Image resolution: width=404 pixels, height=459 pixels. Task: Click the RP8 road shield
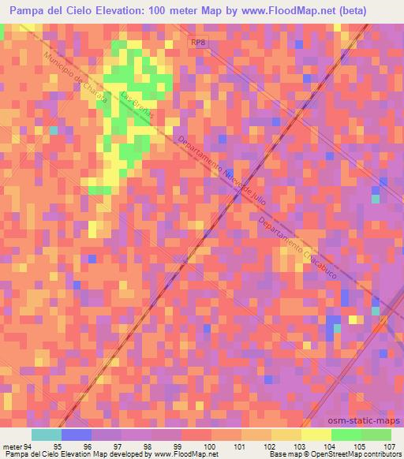point(196,44)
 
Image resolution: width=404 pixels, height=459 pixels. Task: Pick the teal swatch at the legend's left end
point(47,435)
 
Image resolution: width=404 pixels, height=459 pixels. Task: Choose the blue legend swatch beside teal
point(77,435)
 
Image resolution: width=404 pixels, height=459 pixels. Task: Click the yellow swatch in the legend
point(316,435)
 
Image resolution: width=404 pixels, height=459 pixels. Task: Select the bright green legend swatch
point(346,435)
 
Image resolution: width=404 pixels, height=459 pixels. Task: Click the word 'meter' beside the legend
point(10,447)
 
